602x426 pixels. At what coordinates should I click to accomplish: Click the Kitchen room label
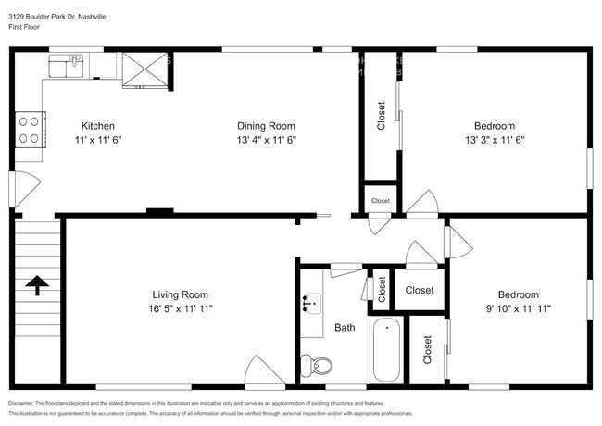(x=97, y=125)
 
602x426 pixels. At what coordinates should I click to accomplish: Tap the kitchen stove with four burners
(x=30, y=129)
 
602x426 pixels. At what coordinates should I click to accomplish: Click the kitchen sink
(x=66, y=64)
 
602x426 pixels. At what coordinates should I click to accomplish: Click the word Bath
(x=345, y=327)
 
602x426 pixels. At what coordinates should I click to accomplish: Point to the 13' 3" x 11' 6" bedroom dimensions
(x=495, y=140)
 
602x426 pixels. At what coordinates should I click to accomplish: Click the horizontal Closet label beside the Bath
(x=420, y=290)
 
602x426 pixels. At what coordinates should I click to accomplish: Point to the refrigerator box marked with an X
(x=144, y=69)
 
